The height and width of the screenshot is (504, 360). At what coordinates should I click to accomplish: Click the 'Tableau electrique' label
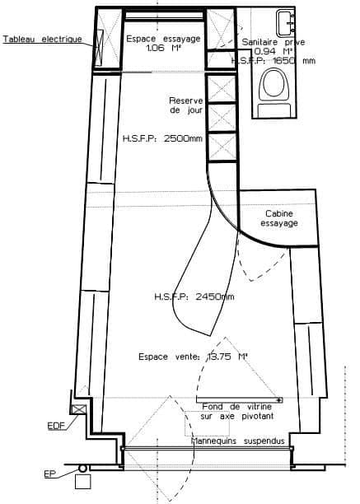coord(43,39)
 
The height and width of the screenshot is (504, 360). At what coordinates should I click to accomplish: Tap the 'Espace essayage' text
coord(163,39)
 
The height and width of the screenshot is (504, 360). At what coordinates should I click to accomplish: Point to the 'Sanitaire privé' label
coord(274,42)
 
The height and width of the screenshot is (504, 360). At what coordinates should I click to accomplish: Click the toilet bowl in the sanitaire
coord(274,84)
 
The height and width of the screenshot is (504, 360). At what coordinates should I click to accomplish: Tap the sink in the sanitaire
coord(285,23)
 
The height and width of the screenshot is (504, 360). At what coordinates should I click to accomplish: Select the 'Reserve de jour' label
coord(186,105)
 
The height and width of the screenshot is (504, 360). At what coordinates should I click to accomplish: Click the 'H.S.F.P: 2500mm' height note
coord(162,138)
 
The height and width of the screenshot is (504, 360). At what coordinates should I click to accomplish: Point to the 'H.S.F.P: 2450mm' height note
coord(194,296)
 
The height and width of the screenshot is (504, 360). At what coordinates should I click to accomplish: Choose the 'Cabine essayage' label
coord(279,218)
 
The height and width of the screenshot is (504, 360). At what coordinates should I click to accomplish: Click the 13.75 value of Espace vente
coord(219,357)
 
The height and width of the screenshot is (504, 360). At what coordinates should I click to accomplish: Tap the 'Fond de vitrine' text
coord(237,407)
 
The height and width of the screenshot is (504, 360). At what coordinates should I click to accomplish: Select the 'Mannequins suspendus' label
coord(238,441)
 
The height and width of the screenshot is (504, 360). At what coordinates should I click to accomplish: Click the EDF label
coord(56,426)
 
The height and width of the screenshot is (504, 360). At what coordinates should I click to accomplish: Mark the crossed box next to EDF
coord(79,409)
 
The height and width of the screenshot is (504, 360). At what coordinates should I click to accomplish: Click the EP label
coord(49,474)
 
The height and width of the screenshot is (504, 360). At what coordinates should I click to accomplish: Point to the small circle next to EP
coord(82,469)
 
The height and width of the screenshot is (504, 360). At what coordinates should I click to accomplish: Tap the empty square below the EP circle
coord(82,481)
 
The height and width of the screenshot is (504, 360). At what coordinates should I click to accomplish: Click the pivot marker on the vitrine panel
coord(279,400)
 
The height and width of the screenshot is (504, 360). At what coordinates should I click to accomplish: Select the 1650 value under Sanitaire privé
coord(283,60)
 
